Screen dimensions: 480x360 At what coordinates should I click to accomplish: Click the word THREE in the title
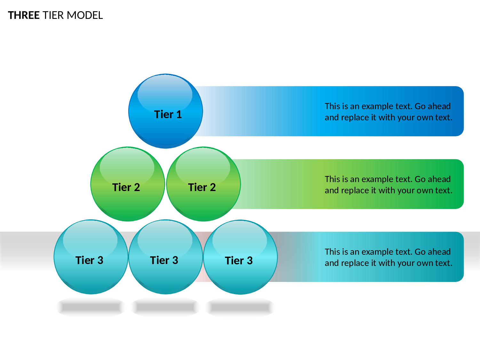[24, 15]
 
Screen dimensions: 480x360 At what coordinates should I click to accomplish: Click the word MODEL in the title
[85, 15]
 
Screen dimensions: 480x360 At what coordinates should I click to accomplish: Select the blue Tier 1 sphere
[165, 111]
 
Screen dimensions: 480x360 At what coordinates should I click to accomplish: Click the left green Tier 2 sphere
[128, 184]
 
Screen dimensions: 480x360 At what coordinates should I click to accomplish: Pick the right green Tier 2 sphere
[204, 184]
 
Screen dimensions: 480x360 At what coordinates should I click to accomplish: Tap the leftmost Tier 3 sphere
[91, 257]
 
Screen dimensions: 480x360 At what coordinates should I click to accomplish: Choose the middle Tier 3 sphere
[165, 257]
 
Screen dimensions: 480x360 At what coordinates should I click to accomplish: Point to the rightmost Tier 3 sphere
[240, 257]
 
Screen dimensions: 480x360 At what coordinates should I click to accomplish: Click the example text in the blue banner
[388, 112]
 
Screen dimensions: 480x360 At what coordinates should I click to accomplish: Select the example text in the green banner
[388, 185]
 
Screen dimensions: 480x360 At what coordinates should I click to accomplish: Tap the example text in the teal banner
[388, 257]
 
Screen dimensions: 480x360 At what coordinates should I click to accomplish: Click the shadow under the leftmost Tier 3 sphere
[91, 307]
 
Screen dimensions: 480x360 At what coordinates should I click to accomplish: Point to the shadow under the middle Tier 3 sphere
[165, 307]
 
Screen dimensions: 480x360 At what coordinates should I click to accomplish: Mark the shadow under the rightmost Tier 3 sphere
[240, 307]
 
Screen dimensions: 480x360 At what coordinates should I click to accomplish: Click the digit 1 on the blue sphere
[179, 114]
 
